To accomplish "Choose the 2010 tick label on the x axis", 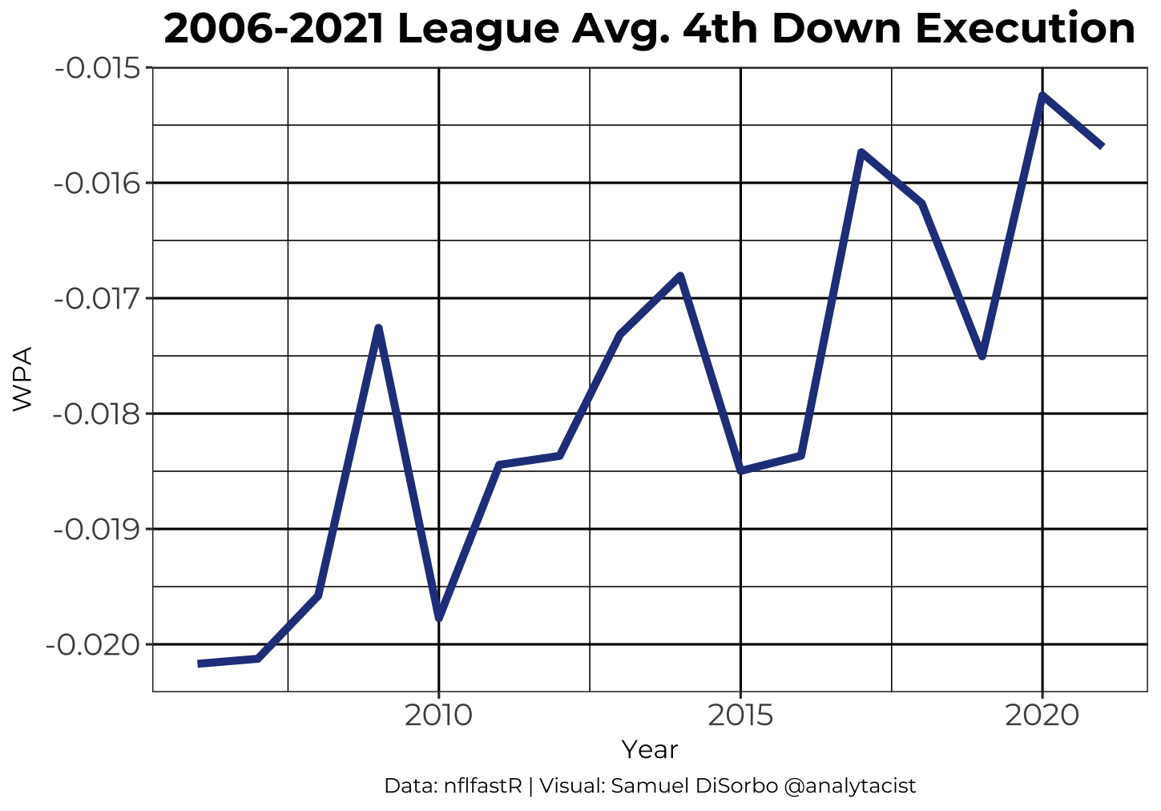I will [x=438, y=716].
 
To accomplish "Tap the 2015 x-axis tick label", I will [x=740, y=716].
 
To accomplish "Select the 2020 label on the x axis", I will [x=1042, y=716].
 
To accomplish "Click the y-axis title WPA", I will [x=22, y=379].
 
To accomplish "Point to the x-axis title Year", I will [x=650, y=750].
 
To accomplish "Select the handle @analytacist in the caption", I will [x=849, y=786].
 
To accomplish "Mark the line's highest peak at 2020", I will [x=1042, y=95].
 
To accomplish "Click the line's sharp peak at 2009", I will [x=378, y=328].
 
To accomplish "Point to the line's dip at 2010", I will [x=439, y=619].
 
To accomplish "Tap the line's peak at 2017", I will [x=861, y=151].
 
